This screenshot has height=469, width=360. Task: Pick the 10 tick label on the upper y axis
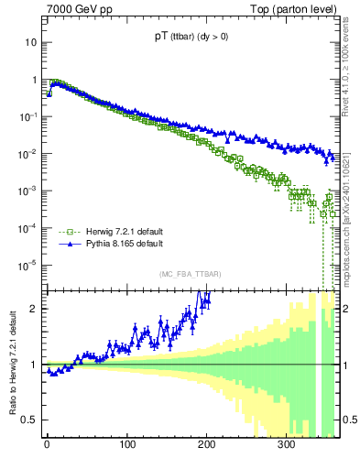30,43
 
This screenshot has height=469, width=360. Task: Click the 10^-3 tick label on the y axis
27,191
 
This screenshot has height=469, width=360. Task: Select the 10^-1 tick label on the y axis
27,117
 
